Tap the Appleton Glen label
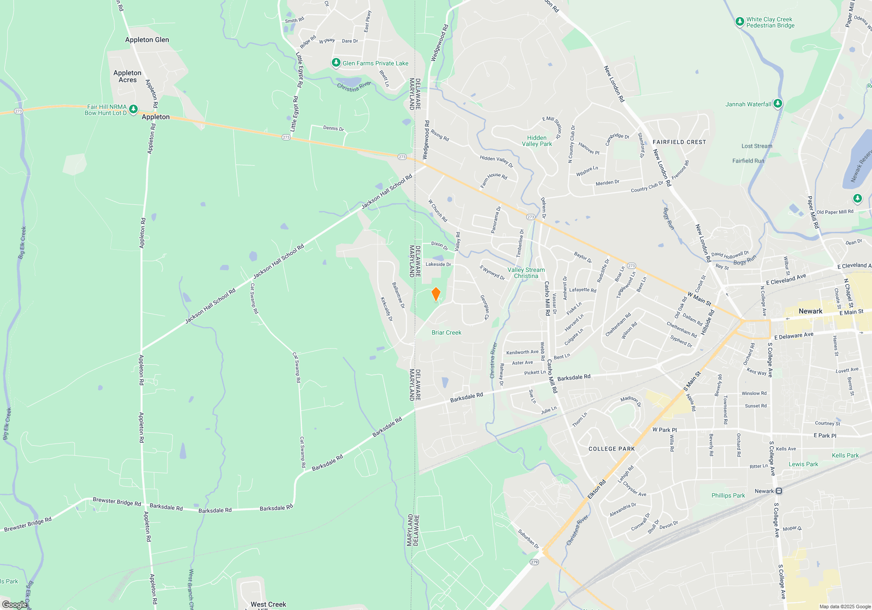coord(147,40)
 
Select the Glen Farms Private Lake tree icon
coord(336,63)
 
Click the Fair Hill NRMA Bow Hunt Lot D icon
coord(133,109)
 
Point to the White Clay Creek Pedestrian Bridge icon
coord(739,21)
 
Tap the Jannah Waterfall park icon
coord(777,104)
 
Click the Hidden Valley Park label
coord(537,141)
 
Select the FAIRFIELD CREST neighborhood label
coord(679,142)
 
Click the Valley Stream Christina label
coord(526,273)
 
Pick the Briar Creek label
coord(446,332)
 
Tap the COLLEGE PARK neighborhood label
coord(611,449)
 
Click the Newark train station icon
coord(779,491)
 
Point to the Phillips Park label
coord(728,495)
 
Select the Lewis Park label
coord(803,464)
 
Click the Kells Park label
coord(845,455)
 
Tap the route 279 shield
coord(534,562)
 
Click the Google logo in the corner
coord(14,605)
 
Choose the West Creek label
coord(268,604)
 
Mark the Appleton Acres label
coord(127,76)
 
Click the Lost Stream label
coord(756,146)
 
